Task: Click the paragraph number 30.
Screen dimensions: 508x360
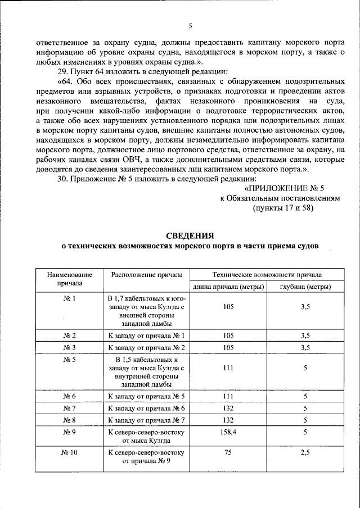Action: click(x=62, y=178)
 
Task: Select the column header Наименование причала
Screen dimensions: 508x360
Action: click(x=70, y=279)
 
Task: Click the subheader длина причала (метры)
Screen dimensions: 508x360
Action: click(x=229, y=287)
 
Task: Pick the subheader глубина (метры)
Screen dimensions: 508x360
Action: click(x=305, y=287)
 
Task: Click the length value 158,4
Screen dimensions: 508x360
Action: click(x=228, y=432)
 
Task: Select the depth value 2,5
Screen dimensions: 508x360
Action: click(x=305, y=452)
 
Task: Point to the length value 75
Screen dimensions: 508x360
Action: click(x=228, y=452)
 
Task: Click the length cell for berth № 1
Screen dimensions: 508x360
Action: click(x=228, y=306)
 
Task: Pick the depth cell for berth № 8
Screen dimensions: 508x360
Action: click(x=305, y=419)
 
